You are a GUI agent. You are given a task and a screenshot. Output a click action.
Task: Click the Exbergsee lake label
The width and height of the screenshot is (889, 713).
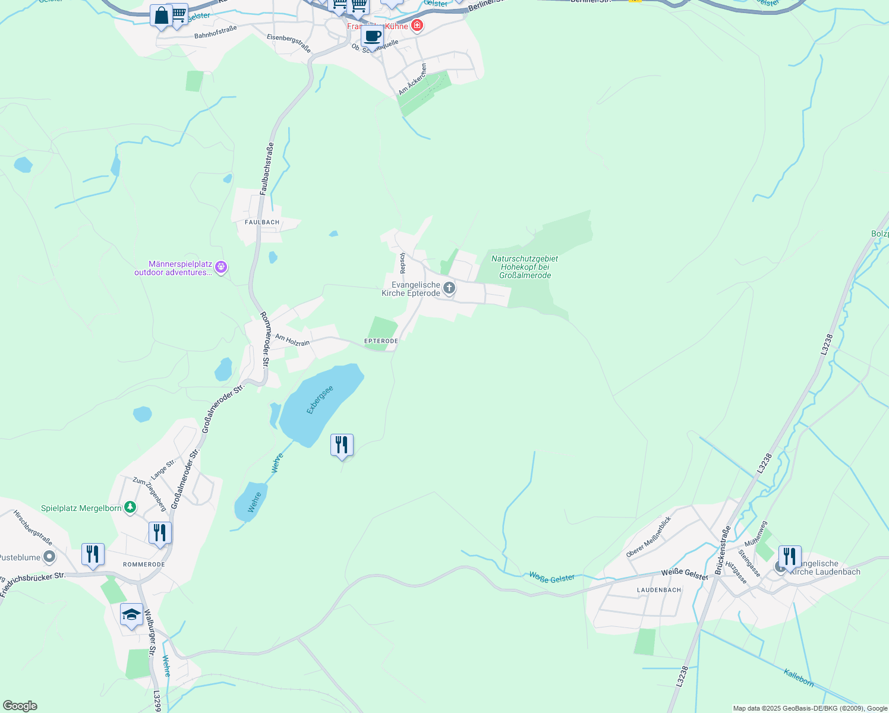[320, 400]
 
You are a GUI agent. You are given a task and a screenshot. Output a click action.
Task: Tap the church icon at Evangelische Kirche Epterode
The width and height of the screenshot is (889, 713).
[449, 289]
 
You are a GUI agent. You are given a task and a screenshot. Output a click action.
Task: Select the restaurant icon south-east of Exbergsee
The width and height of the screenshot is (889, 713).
[342, 444]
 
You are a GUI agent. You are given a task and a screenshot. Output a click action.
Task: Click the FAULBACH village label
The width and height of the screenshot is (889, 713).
[262, 222]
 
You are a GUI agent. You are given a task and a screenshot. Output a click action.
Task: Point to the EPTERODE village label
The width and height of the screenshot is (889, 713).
[381, 341]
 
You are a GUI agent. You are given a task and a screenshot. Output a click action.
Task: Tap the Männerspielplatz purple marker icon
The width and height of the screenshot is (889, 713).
[221, 267]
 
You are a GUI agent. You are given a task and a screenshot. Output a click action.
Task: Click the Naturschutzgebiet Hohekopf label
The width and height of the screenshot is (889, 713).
[525, 267]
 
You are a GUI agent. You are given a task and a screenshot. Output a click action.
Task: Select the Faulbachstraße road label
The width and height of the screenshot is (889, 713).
[267, 169]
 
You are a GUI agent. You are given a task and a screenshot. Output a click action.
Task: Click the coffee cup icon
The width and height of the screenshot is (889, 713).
[373, 36]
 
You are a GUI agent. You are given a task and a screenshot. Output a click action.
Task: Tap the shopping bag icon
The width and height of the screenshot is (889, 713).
[161, 15]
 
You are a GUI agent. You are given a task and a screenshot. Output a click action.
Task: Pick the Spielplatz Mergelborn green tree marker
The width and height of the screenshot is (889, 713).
[130, 507]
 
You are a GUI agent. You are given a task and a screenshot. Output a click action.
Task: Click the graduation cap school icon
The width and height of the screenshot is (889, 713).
[131, 614]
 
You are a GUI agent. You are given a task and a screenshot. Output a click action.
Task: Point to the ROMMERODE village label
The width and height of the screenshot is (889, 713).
[144, 564]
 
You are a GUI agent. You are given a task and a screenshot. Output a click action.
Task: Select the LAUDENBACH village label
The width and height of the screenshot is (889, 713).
[659, 590]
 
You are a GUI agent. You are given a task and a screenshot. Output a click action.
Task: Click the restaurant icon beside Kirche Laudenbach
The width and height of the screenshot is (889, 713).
[789, 556]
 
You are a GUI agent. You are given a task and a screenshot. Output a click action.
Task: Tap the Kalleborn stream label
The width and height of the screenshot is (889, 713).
[799, 677]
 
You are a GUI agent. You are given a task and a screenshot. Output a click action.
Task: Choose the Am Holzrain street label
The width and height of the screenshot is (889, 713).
[292, 340]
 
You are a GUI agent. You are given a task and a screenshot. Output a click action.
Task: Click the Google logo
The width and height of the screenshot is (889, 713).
[20, 706]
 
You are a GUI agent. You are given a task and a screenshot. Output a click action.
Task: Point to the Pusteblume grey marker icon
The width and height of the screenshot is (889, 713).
[50, 557]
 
